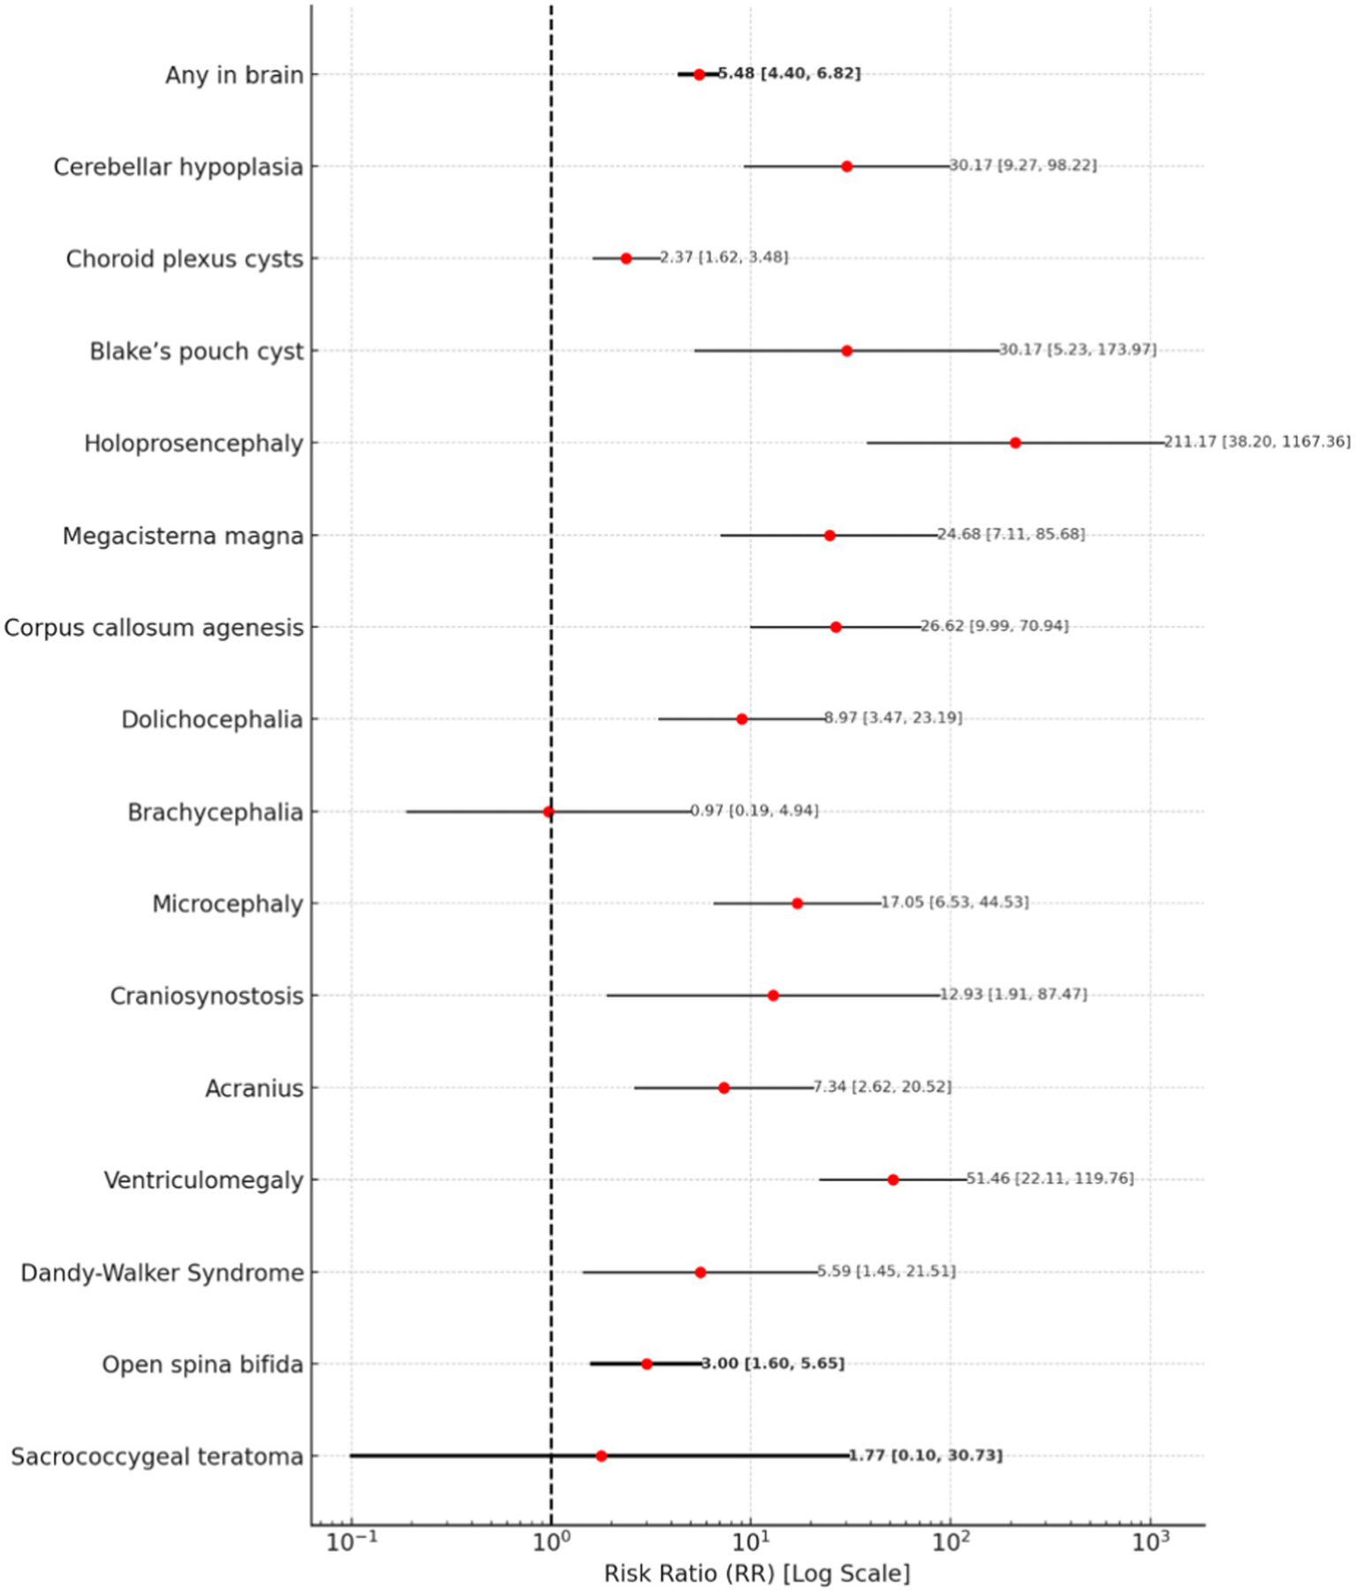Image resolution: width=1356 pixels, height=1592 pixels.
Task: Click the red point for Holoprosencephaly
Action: (1015, 443)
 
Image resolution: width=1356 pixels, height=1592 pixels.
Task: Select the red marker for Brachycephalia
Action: (549, 812)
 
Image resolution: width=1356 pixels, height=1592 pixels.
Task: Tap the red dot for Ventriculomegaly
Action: (893, 1179)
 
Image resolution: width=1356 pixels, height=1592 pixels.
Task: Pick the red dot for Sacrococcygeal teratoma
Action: (602, 1456)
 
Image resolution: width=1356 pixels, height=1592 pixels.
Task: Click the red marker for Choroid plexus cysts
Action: (626, 259)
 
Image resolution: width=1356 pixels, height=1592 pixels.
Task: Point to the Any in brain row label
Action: (234, 75)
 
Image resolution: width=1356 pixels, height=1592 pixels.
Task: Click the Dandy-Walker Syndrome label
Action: (162, 1272)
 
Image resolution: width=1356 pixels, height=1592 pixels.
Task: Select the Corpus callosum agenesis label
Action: (154, 627)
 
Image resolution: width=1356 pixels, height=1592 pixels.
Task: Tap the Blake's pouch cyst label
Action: (196, 352)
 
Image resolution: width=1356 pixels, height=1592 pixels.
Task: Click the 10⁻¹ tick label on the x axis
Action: (352, 1543)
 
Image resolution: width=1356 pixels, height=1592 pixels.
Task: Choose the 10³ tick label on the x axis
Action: (1151, 1543)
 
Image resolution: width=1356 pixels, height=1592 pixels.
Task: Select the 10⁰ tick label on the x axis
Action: (551, 1543)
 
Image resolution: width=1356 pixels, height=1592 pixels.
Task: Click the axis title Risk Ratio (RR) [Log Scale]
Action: (757, 1573)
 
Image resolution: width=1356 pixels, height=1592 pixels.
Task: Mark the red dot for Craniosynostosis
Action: (773, 996)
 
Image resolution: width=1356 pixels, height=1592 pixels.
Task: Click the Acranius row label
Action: (254, 1088)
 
